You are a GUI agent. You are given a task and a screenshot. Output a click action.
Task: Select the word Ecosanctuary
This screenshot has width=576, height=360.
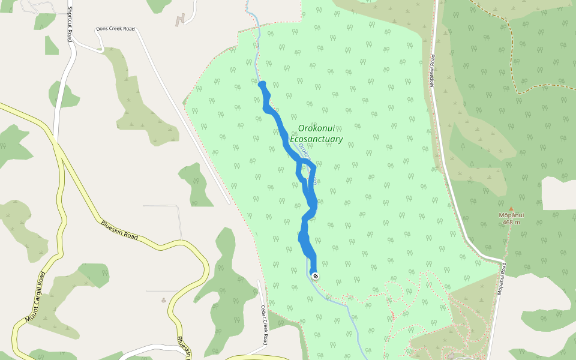click(316, 139)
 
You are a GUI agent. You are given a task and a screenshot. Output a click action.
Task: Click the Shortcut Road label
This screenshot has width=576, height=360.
click(70, 24)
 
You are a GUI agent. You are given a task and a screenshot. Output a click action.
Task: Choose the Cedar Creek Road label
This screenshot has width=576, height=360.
click(263, 325)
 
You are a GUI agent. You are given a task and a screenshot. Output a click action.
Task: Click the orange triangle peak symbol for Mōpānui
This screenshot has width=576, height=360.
click(511, 209)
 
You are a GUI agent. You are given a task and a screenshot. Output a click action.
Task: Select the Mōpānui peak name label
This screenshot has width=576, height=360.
click(511, 215)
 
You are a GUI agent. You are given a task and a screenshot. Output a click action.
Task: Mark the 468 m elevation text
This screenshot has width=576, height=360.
click(511, 223)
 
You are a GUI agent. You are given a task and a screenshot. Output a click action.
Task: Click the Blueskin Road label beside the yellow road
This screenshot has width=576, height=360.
click(119, 230)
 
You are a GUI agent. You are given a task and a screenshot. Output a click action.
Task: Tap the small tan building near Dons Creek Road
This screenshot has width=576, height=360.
click(180, 19)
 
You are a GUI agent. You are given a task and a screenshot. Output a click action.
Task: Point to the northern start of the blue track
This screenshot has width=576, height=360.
click(262, 83)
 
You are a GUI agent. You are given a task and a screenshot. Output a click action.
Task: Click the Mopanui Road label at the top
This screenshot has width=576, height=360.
click(431, 71)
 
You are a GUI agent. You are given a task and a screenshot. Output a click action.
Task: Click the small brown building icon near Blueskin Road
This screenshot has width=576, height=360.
click(164, 300)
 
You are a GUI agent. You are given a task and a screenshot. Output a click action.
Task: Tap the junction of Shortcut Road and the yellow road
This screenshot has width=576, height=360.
click(56, 139)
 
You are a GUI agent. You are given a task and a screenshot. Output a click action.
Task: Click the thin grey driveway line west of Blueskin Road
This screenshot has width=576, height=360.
click(179, 222)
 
